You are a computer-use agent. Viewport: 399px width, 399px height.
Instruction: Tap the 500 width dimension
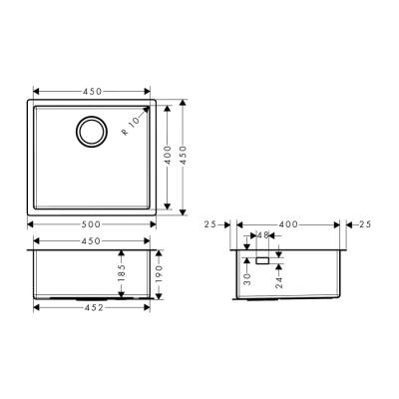click(93, 226)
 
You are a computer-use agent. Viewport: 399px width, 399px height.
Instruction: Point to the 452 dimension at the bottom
click(93, 308)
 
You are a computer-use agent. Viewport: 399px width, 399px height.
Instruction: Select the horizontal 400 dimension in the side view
click(290, 225)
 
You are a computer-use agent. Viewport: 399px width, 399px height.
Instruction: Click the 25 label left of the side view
click(210, 225)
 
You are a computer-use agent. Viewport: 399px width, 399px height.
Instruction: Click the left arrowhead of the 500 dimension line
click(30, 226)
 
